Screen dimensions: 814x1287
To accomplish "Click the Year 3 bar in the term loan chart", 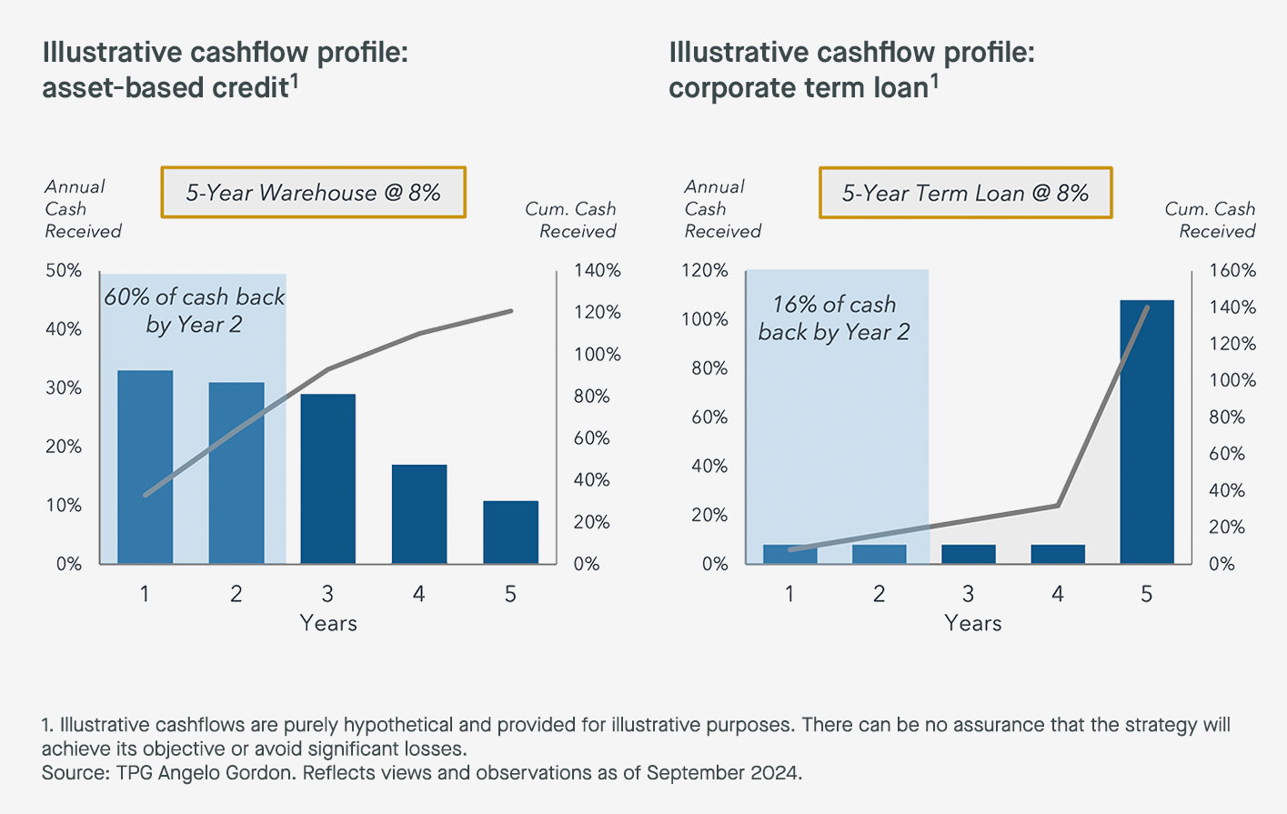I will point(968,554).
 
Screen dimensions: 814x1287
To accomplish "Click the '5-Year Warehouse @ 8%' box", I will point(313,193).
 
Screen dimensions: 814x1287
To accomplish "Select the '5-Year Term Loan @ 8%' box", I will point(965,193).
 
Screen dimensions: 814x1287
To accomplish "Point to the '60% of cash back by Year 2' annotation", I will point(194,311).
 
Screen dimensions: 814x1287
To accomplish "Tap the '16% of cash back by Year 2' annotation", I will point(834,317).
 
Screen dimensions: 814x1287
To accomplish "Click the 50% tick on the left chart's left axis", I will point(64,270).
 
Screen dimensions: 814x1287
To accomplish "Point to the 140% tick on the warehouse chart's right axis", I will point(597,270).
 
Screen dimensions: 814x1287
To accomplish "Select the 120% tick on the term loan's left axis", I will point(704,270).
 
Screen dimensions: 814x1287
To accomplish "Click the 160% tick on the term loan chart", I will point(1232,270).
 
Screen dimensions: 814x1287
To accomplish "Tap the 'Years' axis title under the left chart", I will point(328,623).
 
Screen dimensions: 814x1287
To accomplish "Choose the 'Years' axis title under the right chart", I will point(972,623).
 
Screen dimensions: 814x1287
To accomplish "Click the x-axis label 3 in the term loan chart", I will point(968,594).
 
